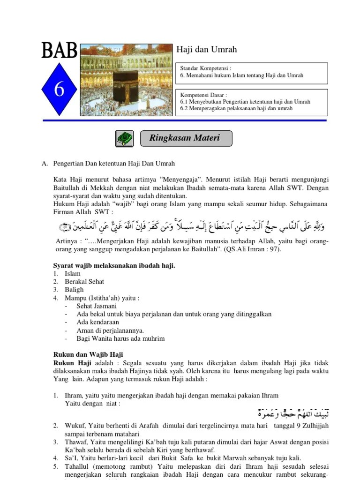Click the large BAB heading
[59, 50]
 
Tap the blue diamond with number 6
[59, 89]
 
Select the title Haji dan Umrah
[206, 50]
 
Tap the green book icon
[124, 139]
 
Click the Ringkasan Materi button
[186, 138]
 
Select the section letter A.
[45, 164]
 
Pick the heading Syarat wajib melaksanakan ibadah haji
[114, 266]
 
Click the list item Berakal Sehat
[84, 282]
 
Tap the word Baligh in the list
[74, 290]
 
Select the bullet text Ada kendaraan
[97, 322]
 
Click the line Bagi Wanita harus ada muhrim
[120, 338]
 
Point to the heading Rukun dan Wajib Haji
[88, 355]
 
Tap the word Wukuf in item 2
[75, 426]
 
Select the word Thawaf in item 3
[75, 442]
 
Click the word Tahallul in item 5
[77, 466]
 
